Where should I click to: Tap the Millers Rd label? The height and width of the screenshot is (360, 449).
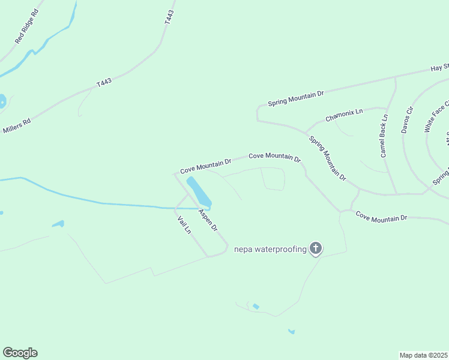(x=17, y=126)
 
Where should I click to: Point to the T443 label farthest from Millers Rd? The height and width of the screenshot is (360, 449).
(x=168, y=17)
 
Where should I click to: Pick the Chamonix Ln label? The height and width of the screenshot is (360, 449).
(x=345, y=115)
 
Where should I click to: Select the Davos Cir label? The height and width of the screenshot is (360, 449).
(x=408, y=119)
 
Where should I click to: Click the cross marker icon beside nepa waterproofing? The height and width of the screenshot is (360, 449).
(x=316, y=248)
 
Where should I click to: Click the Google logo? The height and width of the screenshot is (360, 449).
(x=20, y=353)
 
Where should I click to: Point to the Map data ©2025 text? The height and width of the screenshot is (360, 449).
(x=424, y=355)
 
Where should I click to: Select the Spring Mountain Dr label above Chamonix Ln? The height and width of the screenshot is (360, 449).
(x=296, y=98)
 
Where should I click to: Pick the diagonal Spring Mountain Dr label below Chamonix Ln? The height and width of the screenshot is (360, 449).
(x=328, y=158)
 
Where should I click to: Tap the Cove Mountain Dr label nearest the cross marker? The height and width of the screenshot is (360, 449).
(x=381, y=216)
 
